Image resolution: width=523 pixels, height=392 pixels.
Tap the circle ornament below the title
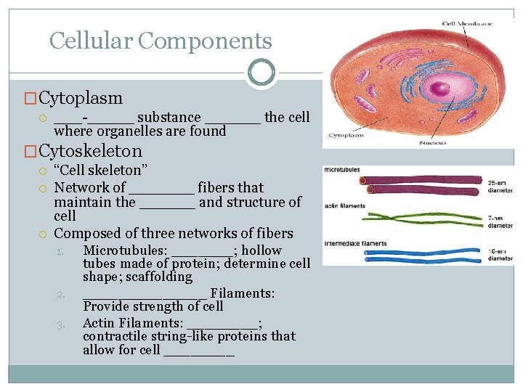click(x=261, y=72)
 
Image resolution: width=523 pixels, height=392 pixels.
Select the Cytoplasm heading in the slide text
click(x=81, y=98)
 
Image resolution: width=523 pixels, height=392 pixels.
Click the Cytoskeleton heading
click(x=90, y=151)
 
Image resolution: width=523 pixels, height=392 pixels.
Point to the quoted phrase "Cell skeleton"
click(x=101, y=171)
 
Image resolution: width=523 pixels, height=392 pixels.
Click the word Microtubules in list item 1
click(x=121, y=250)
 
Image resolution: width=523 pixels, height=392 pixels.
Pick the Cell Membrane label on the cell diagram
click(x=467, y=24)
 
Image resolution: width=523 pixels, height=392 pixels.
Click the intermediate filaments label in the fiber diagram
click(x=354, y=243)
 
